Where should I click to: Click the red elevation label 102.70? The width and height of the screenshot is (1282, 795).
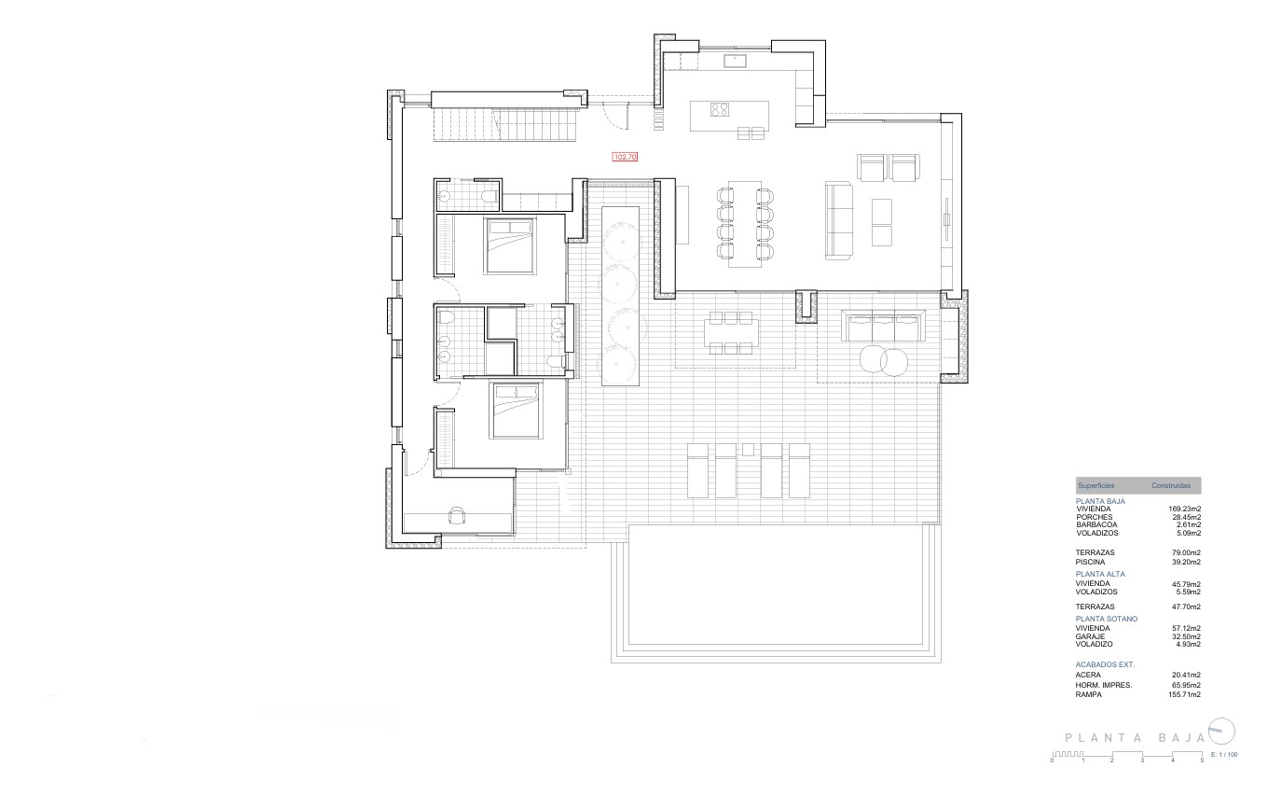[x=624, y=158]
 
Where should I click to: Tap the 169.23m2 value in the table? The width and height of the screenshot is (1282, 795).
[x=1185, y=509]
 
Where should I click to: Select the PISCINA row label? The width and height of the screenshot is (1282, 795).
[x=1090, y=562]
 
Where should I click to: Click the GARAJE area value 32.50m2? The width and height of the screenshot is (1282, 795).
[x=1186, y=636]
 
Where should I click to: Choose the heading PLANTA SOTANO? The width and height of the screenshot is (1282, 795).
[x=1107, y=619]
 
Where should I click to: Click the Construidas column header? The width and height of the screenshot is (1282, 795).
[x=1170, y=486]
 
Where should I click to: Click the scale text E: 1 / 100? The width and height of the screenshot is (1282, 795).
[x=1223, y=754]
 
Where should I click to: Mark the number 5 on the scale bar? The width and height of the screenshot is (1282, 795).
[x=1202, y=760]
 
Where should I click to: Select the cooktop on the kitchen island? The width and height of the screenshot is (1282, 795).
[x=719, y=111]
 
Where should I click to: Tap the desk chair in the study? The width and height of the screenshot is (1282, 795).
[x=457, y=515]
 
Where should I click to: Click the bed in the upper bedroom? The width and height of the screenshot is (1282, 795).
[x=509, y=244]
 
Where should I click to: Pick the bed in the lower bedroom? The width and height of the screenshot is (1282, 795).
[x=516, y=411]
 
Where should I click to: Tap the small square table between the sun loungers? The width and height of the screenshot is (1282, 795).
[x=748, y=450]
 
